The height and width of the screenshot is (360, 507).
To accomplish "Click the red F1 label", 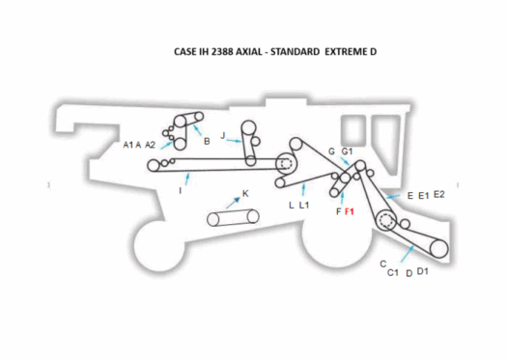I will tap(351, 210).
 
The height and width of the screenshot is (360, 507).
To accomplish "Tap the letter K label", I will tap(245, 194).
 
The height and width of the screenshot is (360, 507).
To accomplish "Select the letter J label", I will tap(223, 136).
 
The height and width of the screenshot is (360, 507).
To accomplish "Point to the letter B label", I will tap(207, 142).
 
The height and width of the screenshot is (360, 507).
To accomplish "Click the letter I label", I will tap(181, 191).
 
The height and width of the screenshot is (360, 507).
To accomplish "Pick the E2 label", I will tap(439, 195).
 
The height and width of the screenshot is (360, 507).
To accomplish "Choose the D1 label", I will tap(423, 272).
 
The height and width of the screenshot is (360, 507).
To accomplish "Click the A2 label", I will tap(150, 145).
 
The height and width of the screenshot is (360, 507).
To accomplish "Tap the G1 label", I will tap(348, 152).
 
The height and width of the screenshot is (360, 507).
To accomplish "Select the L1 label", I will tap(304, 206).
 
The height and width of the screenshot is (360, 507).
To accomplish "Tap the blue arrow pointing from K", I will tap(232, 202).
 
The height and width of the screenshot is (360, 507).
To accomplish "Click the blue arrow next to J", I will tap(235, 140).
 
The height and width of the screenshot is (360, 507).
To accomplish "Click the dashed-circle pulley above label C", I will tap(388, 224).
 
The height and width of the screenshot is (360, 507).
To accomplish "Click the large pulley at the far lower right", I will tap(439, 248).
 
